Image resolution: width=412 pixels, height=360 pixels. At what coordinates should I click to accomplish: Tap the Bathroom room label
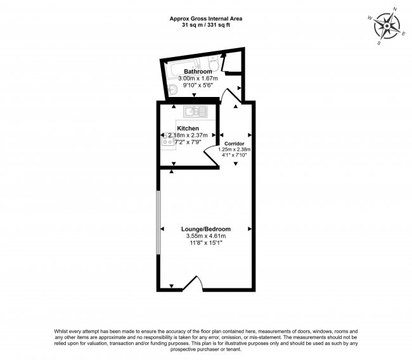click(197, 72)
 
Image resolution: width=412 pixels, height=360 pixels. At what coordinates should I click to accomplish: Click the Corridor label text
click(235, 144)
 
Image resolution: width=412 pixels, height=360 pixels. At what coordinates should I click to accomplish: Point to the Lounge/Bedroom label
click(205, 229)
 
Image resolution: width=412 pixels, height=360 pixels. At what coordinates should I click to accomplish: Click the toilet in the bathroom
click(214, 63)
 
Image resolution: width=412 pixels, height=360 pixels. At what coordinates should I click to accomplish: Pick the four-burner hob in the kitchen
click(168, 141)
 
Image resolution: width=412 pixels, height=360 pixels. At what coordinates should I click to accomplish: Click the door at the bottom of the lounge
click(192, 283)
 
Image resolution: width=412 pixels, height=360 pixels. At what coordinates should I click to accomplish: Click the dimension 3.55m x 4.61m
click(205, 236)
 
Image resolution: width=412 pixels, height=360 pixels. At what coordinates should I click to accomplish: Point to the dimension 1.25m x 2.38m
click(235, 150)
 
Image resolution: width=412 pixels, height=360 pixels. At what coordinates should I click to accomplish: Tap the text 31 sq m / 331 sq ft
click(205, 26)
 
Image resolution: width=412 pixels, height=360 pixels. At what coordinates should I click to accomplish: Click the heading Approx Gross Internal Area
click(205, 19)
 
